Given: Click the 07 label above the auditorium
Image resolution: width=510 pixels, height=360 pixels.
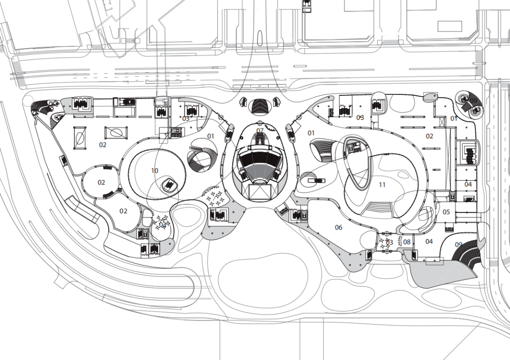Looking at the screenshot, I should coord(260,131).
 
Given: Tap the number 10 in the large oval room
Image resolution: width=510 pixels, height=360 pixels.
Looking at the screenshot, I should coord(155,170).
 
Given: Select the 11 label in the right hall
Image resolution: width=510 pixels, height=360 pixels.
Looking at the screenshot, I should coord(382,184).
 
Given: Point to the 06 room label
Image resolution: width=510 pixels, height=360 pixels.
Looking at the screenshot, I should coord(339,227).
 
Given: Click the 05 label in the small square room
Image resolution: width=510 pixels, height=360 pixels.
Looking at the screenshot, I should coord(446,212).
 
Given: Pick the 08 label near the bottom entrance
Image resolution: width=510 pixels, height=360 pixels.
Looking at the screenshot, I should coord(407,242).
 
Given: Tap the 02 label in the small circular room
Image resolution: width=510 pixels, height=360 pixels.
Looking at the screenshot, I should coord(102,183).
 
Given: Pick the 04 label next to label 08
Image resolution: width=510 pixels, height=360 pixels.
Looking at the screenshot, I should coord(429,242).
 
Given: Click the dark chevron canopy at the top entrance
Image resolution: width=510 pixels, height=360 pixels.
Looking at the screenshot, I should coord(260,106).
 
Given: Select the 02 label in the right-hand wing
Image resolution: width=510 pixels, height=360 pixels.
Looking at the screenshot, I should coord(429,136).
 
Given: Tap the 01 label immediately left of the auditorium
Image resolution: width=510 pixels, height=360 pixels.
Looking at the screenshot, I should coord(211,136).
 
